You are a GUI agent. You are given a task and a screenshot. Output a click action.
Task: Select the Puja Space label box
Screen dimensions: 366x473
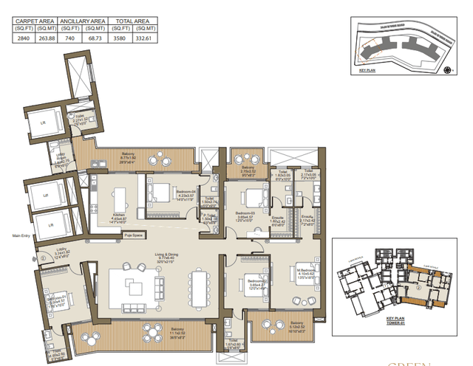[134, 236]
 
